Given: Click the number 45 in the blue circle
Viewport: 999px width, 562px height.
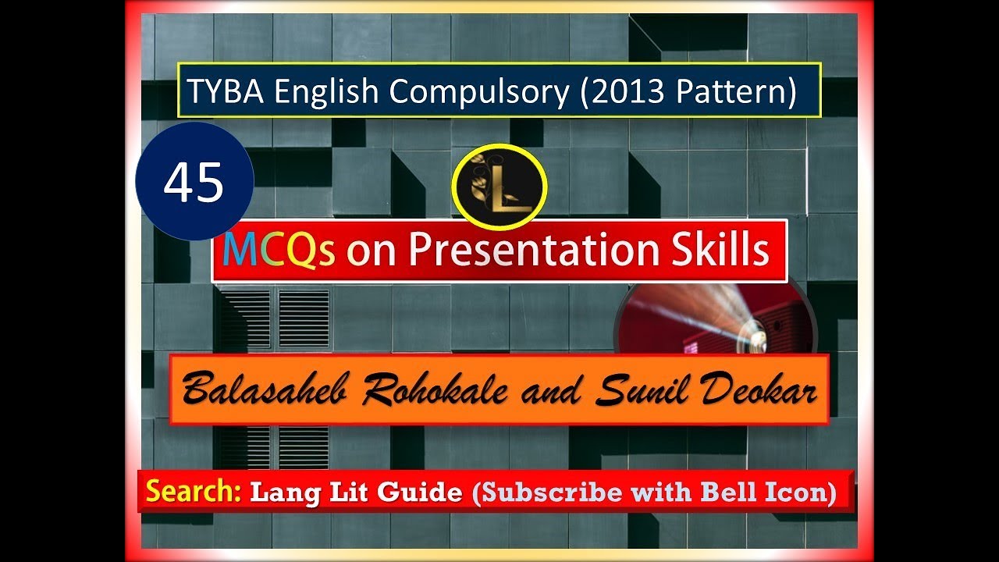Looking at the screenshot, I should [x=194, y=182].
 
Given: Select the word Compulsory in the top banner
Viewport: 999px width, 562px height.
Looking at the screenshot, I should [x=480, y=92].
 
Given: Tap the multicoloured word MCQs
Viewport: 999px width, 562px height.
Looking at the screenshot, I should [x=279, y=251].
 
